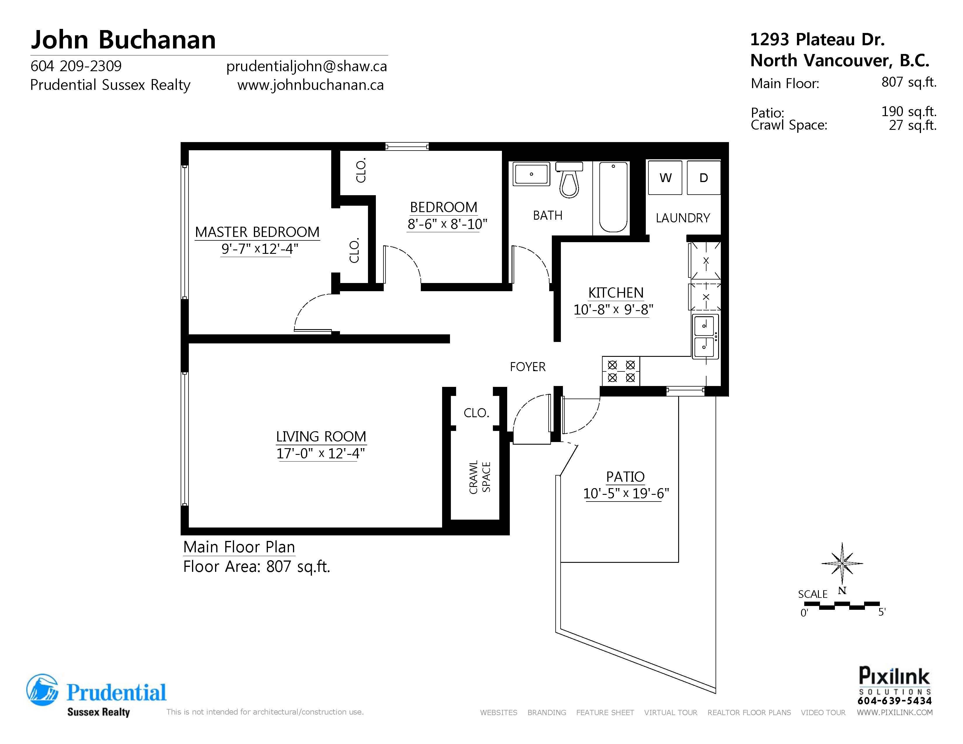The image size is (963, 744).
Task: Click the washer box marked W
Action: (665, 178)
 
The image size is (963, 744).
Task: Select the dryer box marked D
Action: (704, 178)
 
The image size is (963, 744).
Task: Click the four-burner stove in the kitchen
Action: (621, 371)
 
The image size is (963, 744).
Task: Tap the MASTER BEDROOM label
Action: (257, 232)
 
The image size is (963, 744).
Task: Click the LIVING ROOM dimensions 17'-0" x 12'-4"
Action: (320, 453)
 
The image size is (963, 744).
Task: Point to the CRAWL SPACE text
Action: (479, 477)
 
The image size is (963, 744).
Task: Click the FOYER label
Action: (527, 367)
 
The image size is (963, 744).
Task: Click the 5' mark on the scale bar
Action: (881, 612)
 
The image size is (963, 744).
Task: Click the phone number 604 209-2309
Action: (76, 66)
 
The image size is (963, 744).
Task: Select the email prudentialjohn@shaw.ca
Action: (306, 66)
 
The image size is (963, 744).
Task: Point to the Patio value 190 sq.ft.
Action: (908, 111)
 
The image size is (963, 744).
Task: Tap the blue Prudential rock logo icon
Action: (42, 690)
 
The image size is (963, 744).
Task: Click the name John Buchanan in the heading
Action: (123, 40)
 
